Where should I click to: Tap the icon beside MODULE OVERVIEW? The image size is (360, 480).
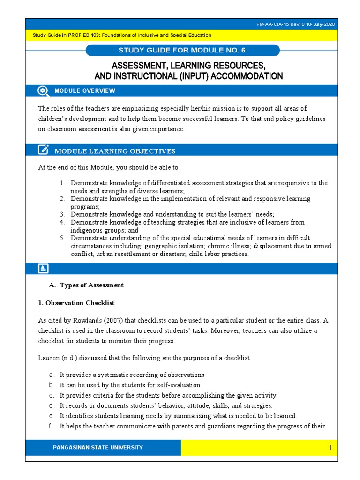pyautogui.click(x=43, y=90)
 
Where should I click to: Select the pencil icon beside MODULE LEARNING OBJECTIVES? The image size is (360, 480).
pyautogui.click(x=43, y=150)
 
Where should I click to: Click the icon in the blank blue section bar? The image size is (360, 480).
pyautogui.click(x=43, y=269)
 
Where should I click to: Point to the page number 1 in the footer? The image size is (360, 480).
pyautogui.click(x=330, y=448)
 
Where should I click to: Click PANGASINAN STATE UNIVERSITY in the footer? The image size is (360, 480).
pyautogui.click(x=98, y=448)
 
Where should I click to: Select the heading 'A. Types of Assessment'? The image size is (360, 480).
pyautogui.click(x=86, y=285)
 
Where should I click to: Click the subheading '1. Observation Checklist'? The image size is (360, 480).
pyautogui.click(x=76, y=303)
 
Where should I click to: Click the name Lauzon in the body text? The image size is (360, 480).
pyautogui.click(x=49, y=358)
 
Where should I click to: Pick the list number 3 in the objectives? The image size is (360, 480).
pyautogui.click(x=61, y=214)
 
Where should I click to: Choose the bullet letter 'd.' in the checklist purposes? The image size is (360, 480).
pyautogui.click(x=52, y=405)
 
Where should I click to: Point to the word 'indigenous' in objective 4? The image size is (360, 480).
pyautogui.click(x=87, y=230)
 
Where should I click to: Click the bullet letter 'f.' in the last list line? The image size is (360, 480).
pyautogui.click(x=52, y=426)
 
